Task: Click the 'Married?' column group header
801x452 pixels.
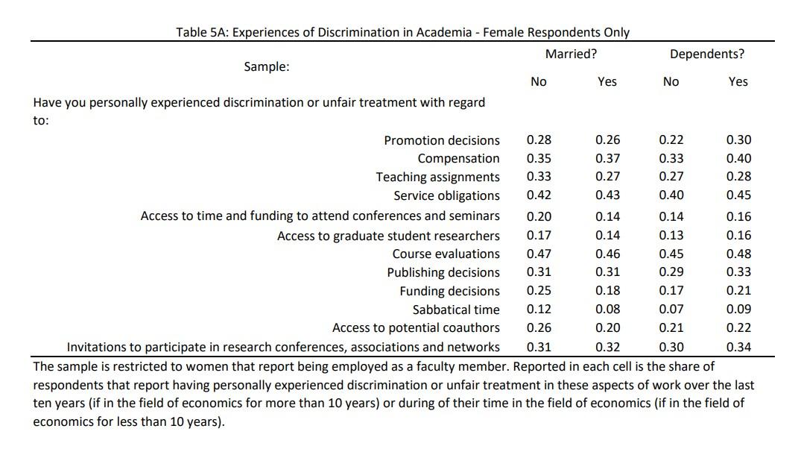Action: coord(571,54)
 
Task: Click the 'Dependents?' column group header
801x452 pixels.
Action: coord(707,54)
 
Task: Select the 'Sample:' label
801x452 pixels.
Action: coord(267,67)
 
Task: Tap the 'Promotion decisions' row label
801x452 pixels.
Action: coord(442,140)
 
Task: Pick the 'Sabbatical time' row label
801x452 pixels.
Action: coord(456,310)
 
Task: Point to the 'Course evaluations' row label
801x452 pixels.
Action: coord(446,254)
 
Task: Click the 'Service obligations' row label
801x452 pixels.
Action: coord(446,196)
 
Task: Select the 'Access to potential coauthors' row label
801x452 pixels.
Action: coord(416,327)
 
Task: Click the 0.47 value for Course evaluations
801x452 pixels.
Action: coord(539,254)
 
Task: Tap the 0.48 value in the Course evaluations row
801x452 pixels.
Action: coord(738,254)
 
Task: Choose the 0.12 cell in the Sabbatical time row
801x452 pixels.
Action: coord(539,309)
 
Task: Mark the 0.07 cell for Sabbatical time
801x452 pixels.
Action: coord(671,309)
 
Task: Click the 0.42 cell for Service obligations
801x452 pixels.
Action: coord(539,195)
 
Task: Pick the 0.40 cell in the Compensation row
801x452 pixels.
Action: coord(738,159)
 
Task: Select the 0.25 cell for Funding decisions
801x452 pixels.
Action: coord(539,290)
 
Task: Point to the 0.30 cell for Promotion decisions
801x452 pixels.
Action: coord(738,139)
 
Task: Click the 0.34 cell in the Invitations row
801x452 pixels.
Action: coord(738,347)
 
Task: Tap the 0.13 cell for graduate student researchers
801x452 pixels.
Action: coord(671,235)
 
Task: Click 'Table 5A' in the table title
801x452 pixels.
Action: coord(203,32)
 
